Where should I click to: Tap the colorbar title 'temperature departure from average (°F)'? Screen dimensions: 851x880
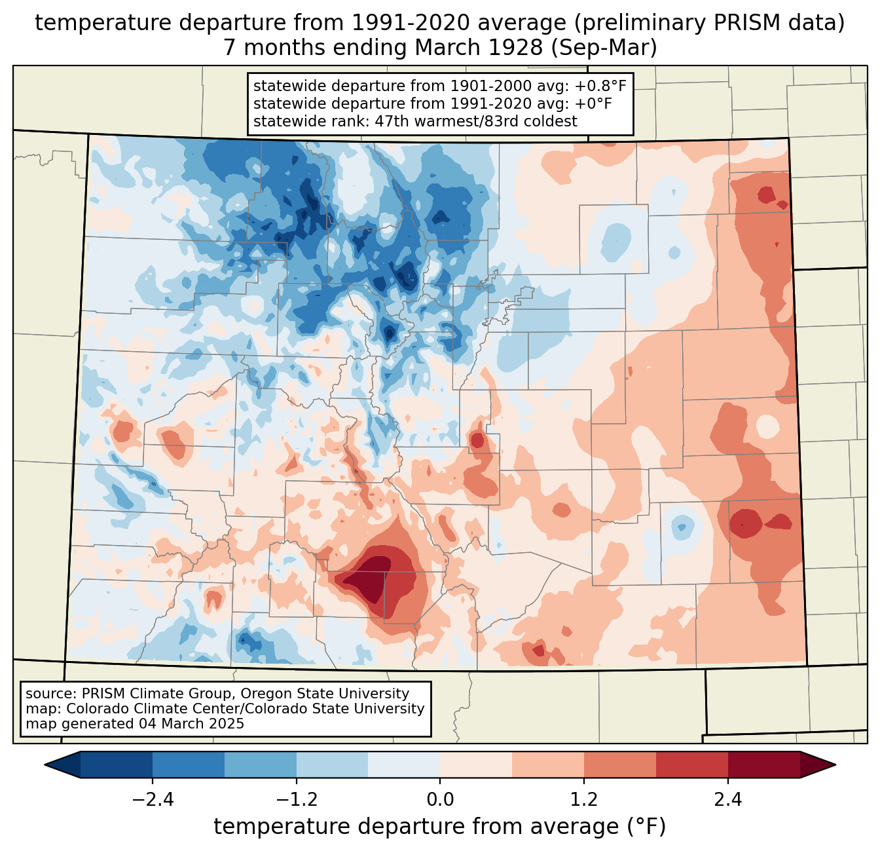[440, 827]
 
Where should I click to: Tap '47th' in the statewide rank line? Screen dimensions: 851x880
[393, 121]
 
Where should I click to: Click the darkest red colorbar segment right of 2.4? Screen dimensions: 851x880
[763, 765]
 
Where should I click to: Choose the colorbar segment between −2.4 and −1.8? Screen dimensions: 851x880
[189, 765]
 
